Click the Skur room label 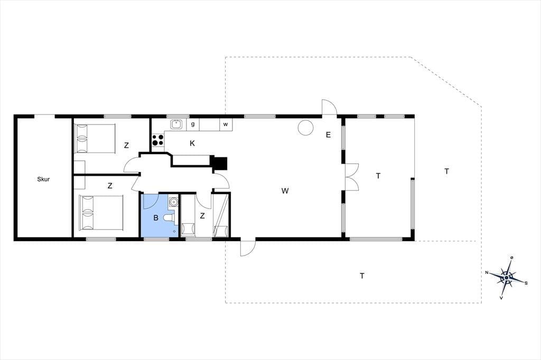coord(43,179)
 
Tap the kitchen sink coord(176,124)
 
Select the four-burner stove coord(158,140)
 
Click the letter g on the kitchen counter coord(193,124)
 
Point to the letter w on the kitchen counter coord(225,125)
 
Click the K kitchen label coord(192,144)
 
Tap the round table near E coord(306,127)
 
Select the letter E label coord(328,135)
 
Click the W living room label coord(285,191)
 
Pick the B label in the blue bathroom coord(156,218)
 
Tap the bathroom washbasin coord(173,201)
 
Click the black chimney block coord(219,163)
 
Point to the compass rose coord(507,277)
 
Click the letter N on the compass coord(487,272)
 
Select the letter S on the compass coord(526,283)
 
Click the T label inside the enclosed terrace coord(378,176)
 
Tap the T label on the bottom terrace coord(362,276)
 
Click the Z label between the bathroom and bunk coord(202,216)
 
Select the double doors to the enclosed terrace coord(352,177)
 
